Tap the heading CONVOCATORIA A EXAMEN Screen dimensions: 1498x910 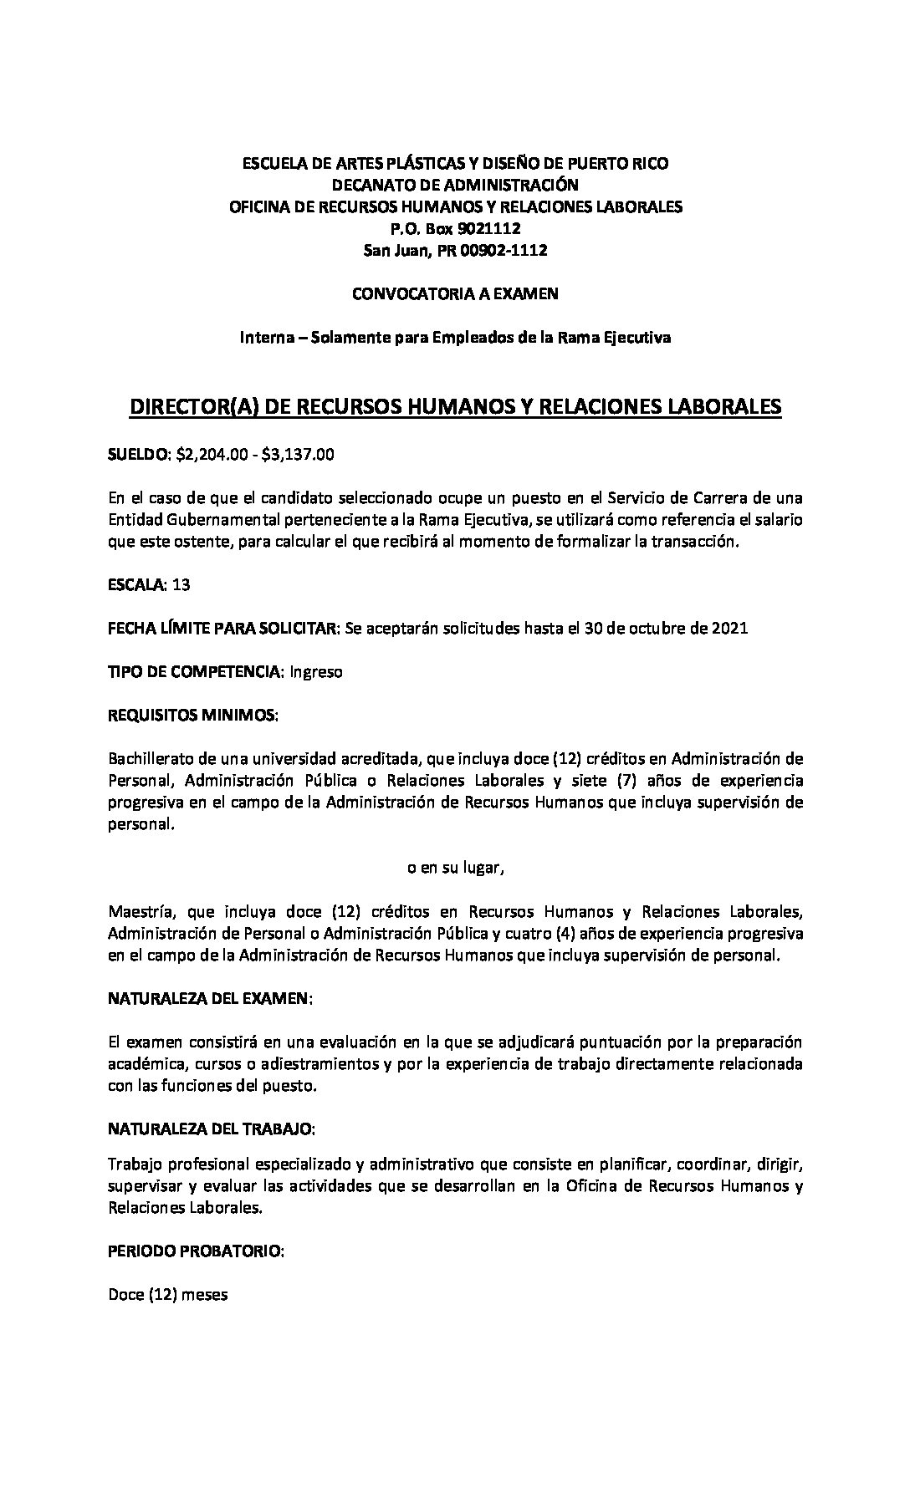point(455,293)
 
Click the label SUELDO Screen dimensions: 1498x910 point(138,455)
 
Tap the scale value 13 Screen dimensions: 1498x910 point(181,585)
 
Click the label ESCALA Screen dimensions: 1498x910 point(137,585)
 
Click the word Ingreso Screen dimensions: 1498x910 point(316,672)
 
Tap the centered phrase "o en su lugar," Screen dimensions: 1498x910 point(455,868)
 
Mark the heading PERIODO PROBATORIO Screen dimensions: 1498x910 point(196,1252)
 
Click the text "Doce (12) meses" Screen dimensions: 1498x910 point(168,1296)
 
